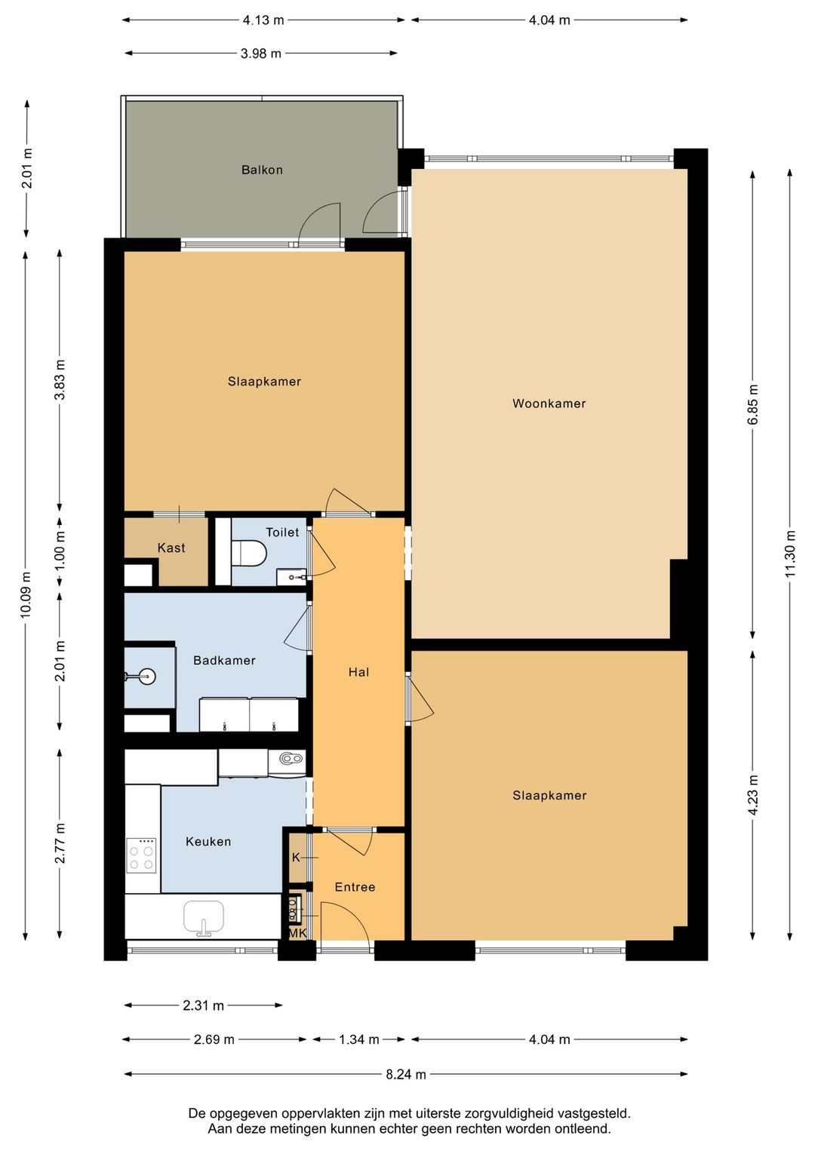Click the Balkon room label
263,170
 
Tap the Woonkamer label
549,404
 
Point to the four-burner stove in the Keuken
141,855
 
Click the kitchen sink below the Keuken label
204,917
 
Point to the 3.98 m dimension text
260,53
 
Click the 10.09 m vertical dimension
26,594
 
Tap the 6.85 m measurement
753,404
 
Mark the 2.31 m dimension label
203,1005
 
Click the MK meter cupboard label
297,933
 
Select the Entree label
355,887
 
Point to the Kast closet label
171,548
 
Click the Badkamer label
224,660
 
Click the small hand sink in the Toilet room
292,577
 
